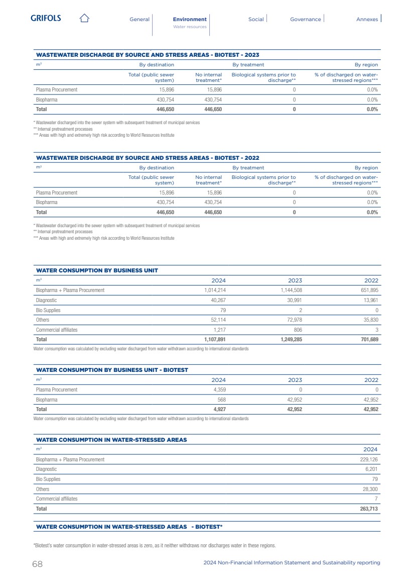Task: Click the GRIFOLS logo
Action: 46,18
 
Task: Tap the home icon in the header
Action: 84,19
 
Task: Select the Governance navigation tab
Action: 305,19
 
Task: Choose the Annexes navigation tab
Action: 367,19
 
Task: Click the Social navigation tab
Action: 256,19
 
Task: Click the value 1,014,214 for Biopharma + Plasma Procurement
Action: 215,290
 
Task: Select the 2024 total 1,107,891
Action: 215,340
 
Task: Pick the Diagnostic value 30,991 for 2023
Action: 292,300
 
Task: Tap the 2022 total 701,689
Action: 367,340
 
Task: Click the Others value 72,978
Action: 292,320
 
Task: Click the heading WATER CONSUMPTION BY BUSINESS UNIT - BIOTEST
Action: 112,370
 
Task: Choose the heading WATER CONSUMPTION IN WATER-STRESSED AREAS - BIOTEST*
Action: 129,527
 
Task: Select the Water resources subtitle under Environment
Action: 190,27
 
